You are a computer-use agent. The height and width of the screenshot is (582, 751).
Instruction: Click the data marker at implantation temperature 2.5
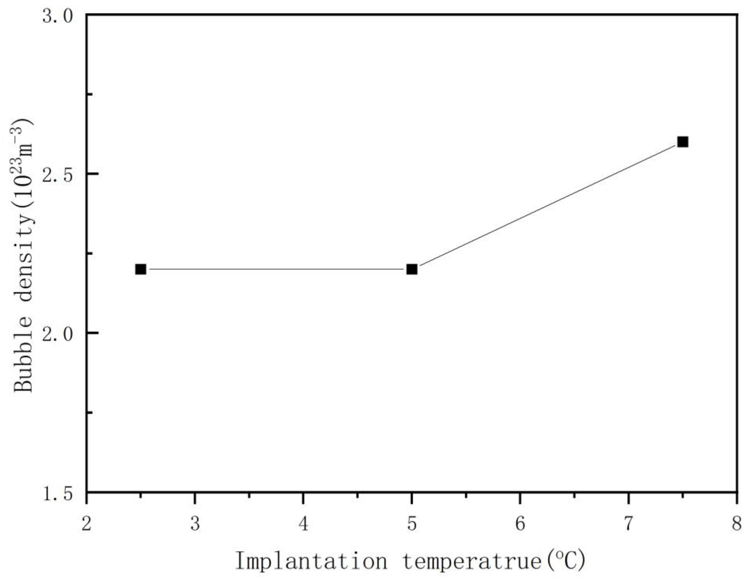pyautogui.click(x=141, y=269)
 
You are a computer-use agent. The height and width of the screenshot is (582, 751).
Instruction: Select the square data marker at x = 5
pyautogui.click(x=412, y=269)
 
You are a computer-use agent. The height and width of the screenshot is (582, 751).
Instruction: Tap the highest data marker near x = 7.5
pyautogui.click(x=683, y=142)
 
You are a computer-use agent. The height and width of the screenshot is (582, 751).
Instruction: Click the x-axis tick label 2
pyautogui.click(x=87, y=525)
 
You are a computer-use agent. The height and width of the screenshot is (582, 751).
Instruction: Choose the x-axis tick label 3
pyautogui.click(x=195, y=525)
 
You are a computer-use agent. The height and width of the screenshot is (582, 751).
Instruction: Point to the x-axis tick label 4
pyautogui.click(x=303, y=525)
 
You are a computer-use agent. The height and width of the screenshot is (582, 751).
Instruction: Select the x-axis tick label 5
pyautogui.click(x=412, y=525)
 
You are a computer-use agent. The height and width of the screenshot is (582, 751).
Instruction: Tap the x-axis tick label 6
pyautogui.click(x=520, y=525)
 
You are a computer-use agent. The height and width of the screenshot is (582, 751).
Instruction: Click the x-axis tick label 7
pyautogui.click(x=629, y=525)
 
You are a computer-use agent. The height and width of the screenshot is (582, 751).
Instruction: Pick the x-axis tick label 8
pyautogui.click(x=737, y=525)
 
